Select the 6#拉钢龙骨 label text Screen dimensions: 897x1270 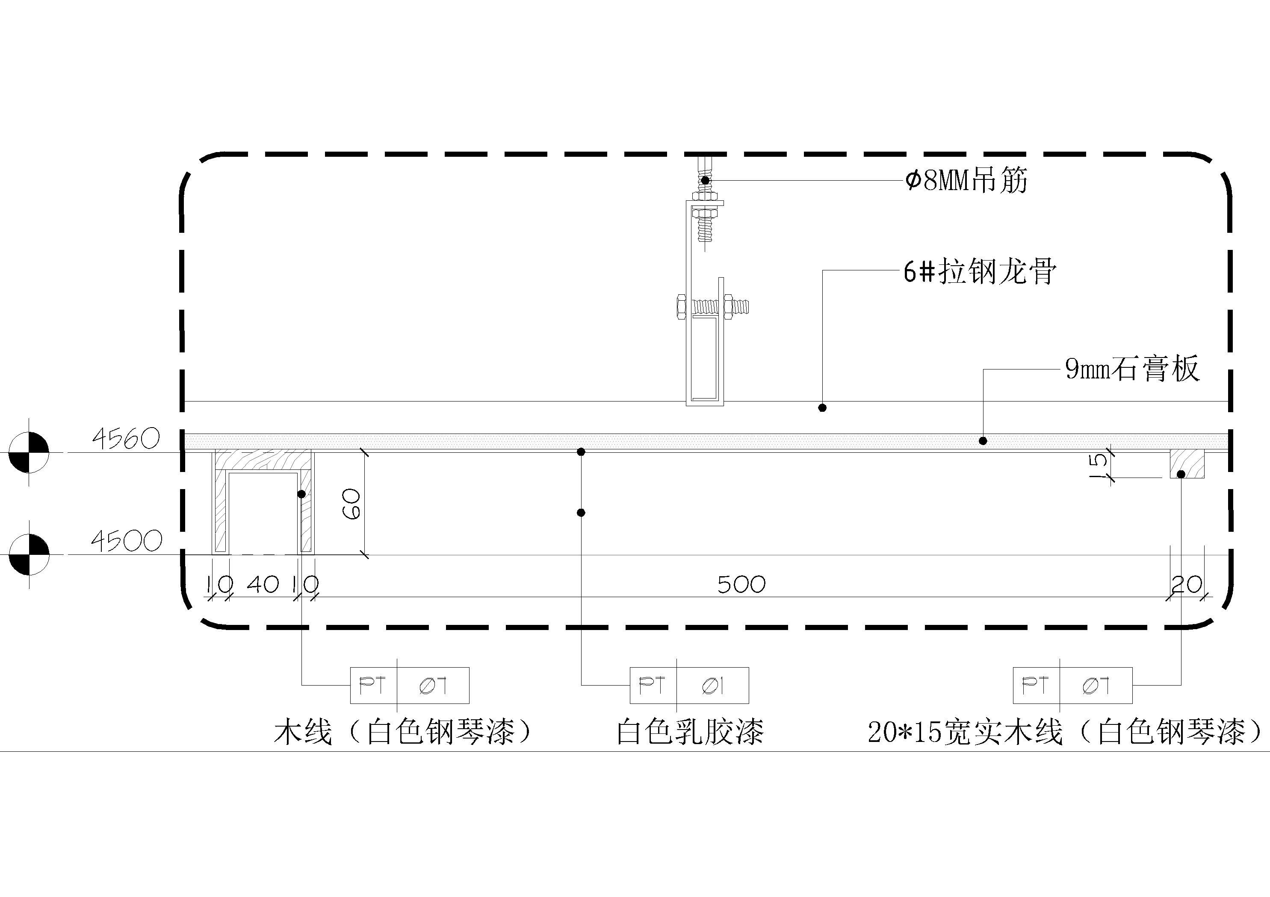tap(980, 272)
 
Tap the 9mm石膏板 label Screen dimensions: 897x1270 tap(1132, 369)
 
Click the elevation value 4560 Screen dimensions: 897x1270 tap(126, 440)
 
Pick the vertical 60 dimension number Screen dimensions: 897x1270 tap(352, 504)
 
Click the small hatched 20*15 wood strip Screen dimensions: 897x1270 tap(1187, 464)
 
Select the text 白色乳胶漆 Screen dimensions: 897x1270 tap(690, 731)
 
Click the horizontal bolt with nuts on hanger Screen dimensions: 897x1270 tap(714, 306)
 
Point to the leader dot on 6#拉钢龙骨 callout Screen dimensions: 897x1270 tap(823, 408)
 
